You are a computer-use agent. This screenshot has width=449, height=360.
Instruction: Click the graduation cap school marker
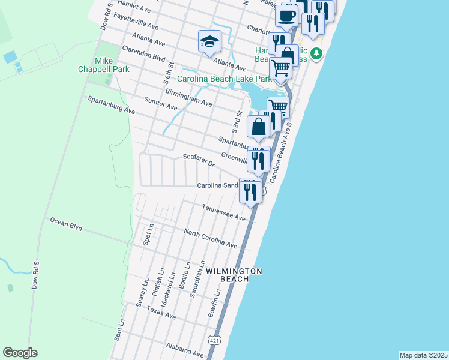(210, 41)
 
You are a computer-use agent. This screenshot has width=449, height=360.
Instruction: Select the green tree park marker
(316, 53)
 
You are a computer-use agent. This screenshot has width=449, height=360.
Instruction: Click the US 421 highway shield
(214, 340)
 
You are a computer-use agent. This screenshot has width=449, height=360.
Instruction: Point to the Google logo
(20, 353)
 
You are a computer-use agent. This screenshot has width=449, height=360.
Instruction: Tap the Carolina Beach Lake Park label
(224, 79)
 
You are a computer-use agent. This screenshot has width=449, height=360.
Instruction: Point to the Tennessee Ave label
(224, 212)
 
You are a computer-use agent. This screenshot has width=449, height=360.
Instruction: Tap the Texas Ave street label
(161, 312)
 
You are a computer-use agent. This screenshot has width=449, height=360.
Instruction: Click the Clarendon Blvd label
(143, 53)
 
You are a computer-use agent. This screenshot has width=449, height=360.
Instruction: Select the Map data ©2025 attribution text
(424, 355)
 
